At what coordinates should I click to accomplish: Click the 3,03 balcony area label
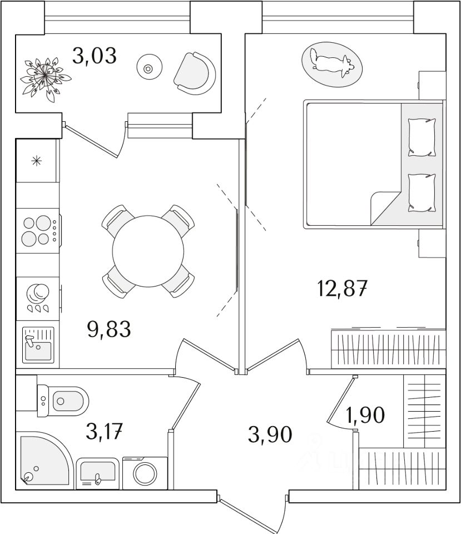pos(95,56)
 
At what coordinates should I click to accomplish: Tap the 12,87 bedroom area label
pos(342,289)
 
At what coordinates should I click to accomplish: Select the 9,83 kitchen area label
pos(109,329)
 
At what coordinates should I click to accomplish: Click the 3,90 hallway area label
pos(270,434)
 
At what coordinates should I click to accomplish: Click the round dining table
pos(148,250)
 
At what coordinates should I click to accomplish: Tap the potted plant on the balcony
pos(42,77)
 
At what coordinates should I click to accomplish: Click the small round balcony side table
pos(148,68)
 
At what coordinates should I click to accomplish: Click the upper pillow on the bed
pos(421,137)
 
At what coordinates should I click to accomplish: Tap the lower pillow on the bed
pos(421,192)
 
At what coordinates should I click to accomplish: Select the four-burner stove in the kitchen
pos(37,231)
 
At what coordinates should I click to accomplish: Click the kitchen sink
pos(38,345)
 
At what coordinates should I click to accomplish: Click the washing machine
pos(145,473)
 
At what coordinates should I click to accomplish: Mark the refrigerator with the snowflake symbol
pos(36,161)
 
